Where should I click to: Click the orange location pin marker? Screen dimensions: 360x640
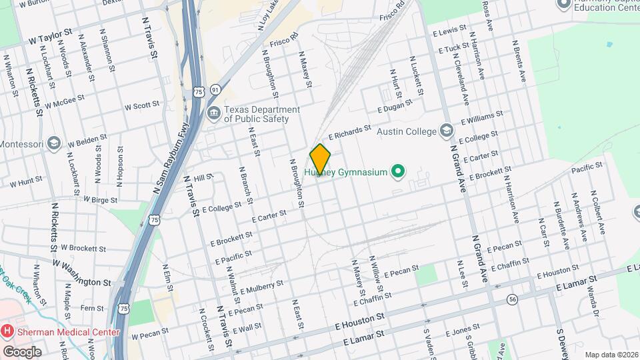pyautogui.click(x=320, y=159)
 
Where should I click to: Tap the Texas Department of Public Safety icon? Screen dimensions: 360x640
pyautogui.click(x=214, y=111)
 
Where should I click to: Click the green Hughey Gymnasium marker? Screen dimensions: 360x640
pyautogui.click(x=398, y=172)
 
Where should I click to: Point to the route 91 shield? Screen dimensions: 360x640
pyautogui.click(x=215, y=89)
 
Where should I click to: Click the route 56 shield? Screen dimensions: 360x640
pyautogui.click(x=512, y=299)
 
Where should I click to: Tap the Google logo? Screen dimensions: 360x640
pyautogui.click(x=21, y=352)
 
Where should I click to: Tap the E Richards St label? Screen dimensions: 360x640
pyautogui.click(x=349, y=131)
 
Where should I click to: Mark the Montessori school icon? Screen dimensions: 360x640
pyautogui.click(x=54, y=143)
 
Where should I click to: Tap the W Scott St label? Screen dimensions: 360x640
pyautogui.click(x=142, y=105)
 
